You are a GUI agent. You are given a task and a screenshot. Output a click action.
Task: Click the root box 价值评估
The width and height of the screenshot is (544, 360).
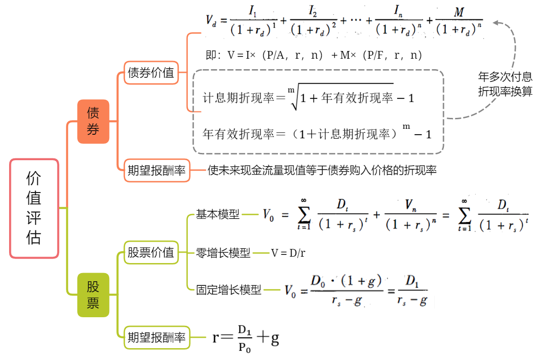coord(34,208)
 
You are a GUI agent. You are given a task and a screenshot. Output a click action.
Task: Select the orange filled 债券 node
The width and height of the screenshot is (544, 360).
coord(93,122)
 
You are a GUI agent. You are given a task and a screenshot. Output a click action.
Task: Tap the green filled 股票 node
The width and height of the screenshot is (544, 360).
coord(93,295)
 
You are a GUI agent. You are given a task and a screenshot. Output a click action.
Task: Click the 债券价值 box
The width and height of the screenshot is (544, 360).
coord(151,72)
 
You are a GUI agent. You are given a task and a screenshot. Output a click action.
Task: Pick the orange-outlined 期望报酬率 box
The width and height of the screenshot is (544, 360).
coord(156,171)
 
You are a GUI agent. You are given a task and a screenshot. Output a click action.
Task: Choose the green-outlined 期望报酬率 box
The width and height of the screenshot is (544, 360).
coord(156,338)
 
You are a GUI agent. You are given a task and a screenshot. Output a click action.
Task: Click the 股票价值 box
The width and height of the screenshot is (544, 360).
coord(151,252)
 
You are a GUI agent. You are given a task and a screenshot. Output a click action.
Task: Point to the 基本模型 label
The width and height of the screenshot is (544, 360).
coord(217,214)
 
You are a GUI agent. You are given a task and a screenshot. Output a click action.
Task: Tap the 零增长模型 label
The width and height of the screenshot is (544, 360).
coord(223,253)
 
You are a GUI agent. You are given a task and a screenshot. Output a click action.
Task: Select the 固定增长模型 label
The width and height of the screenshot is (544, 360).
coord(229,290)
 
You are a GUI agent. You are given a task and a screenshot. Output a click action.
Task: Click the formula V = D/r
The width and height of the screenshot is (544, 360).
coord(288,253)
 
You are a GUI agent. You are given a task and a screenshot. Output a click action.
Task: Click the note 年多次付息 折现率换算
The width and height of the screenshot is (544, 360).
coord(505,84)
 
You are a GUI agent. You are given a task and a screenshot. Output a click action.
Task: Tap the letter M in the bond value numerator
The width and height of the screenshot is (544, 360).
coord(458,12)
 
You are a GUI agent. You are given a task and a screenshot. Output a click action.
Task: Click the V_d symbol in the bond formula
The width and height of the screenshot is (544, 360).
coord(211,20)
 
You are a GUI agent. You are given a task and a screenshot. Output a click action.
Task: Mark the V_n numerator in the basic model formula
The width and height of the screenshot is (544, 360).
coord(410,205)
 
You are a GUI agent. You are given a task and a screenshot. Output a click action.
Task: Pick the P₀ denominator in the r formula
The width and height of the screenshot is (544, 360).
coord(245,348)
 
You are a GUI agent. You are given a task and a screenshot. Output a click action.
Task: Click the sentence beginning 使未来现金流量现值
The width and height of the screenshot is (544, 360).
coord(322,171)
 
